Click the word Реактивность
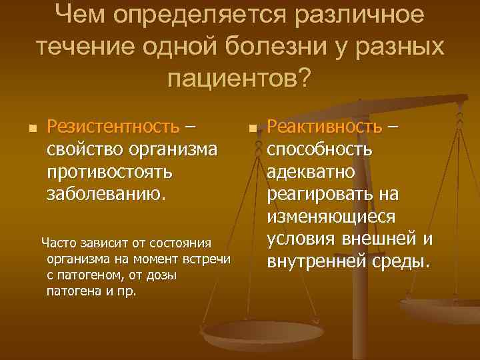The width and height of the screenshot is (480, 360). coord(325,127)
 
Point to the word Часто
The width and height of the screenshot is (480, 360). coord(58,243)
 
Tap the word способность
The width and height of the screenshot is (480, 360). coord(320,149)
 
